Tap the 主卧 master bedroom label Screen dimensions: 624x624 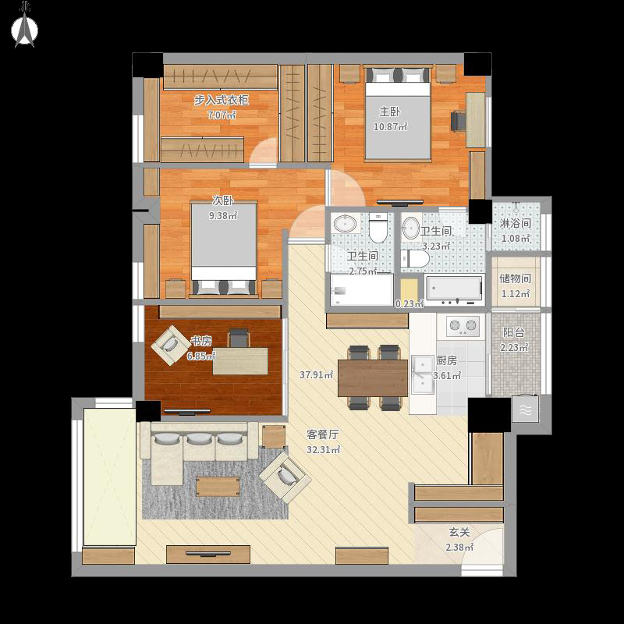point(389,112)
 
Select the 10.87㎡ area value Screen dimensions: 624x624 point(390,127)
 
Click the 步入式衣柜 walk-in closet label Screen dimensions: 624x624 point(222,100)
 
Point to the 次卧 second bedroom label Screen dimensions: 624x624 point(222,200)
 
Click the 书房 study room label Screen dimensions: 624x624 point(201,341)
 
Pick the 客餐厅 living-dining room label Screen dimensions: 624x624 point(322,434)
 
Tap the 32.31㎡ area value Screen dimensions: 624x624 point(323,450)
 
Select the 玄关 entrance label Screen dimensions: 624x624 point(459,532)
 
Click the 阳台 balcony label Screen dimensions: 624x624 point(513,332)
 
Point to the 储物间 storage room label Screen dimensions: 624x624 point(515,278)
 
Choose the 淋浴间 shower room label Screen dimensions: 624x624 point(515,223)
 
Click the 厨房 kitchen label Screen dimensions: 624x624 point(446,360)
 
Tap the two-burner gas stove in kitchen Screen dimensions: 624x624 point(462,326)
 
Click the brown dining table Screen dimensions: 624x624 point(373,378)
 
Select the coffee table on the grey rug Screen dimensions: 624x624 point(218,486)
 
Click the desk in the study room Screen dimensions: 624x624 point(240,361)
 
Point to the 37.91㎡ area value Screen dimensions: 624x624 point(317,374)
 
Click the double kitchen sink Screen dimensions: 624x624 point(422,375)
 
